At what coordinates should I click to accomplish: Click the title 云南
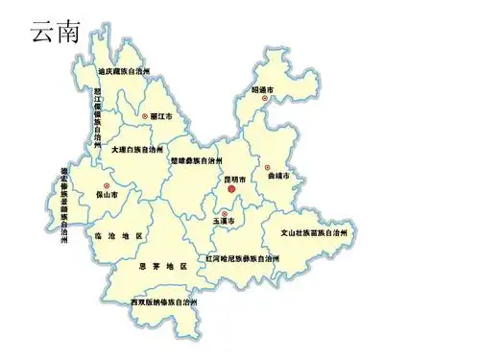(x=55, y=32)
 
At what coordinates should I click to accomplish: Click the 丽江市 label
(x=162, y=116)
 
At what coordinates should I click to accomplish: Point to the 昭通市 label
(x=263, y=89)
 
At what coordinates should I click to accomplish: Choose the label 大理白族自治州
(x=136, y=150)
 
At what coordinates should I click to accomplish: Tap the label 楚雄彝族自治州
(x=196, y=160)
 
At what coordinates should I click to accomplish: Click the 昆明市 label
(x=235, y=180)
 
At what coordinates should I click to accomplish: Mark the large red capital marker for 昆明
(x=231, y=191)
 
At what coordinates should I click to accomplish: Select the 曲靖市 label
(x=279, y=177)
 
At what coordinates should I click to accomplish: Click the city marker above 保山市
(x=107, y=185)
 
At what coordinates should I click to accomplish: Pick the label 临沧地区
(x=119, y=235)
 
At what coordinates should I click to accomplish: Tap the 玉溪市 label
(x=224, y=222)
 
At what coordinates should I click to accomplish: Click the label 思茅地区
(x=162, y=265)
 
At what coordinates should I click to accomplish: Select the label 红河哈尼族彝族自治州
(x=244, y=259)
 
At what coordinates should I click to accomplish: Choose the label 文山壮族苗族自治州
(x=314, y=232)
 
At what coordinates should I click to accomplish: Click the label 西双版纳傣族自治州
(x=164, y=302)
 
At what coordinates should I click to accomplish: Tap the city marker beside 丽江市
(x=145, y=116)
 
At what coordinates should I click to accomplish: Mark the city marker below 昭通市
(x=264, y=98)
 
